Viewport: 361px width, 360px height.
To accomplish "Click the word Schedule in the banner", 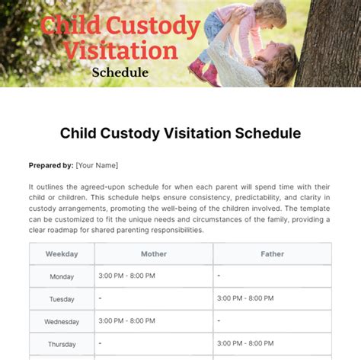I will (120, 73).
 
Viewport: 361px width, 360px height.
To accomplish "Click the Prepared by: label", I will (51, 165).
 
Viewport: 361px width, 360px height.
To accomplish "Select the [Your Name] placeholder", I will (97, 165).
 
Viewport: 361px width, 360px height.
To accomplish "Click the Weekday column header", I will (62, 254).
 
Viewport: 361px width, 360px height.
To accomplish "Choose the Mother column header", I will (153, 254).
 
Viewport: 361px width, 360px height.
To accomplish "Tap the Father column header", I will (272, 254).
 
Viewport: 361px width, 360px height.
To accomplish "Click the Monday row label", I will (62, 277).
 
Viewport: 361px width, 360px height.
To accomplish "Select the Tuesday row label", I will (62, 299).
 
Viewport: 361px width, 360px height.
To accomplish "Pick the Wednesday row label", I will (62, 322).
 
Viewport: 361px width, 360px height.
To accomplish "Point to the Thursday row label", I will (62, 344).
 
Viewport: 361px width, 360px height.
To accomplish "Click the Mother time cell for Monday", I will (126, 275).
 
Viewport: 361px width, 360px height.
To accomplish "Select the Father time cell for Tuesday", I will (245, 298).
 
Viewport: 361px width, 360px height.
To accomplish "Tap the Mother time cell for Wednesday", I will (126, 320).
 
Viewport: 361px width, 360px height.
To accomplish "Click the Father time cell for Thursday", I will (245, 343).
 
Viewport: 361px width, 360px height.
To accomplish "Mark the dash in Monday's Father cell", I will (219, 275).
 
